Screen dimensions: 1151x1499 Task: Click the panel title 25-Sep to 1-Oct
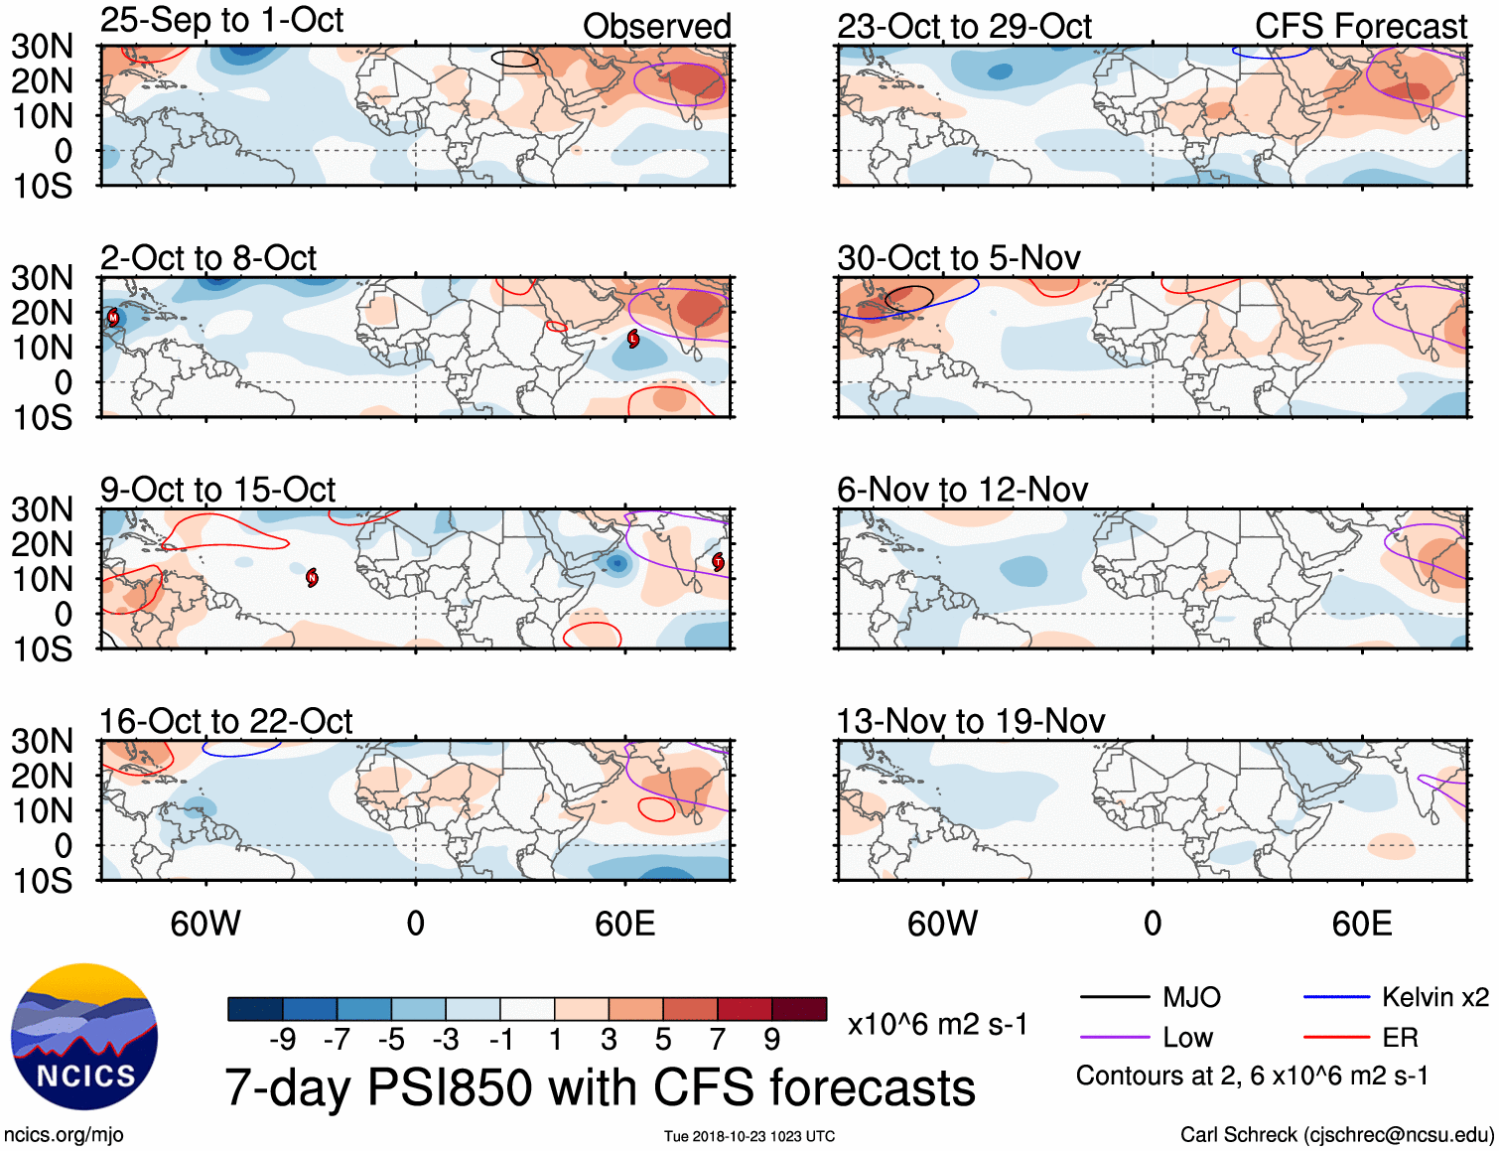point(221,21)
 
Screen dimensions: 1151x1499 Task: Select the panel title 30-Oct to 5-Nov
point(958,258)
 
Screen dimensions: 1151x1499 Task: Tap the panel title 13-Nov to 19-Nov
point(970,721)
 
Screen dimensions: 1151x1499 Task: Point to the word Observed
point(656,27)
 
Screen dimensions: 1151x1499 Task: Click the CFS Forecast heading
point(1360,27)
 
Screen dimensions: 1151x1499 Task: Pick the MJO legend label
point(1191,997)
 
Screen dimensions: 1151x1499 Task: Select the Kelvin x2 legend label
point(1434,997)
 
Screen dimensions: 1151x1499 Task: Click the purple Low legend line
point(1114,1038)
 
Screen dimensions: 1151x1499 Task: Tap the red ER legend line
point(1336,1038)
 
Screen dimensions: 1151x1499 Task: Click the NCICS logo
point(84,1038)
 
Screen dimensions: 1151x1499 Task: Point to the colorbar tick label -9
point(282,1040)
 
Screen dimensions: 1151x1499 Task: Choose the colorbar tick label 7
point(717,1040)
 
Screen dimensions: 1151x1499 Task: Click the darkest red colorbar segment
point(799,1009)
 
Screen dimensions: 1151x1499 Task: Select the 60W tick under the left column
point(205,924)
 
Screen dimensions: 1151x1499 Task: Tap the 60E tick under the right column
point(1361,924)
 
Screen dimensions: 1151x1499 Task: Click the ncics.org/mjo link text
point(64,1134)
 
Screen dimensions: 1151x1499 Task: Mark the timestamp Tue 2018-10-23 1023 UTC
point(749,1136)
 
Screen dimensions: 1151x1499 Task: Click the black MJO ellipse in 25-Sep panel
point(515,60)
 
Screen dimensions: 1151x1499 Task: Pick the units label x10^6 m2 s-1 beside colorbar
point(937,1024)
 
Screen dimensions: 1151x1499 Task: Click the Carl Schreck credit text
point(1336,1134)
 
